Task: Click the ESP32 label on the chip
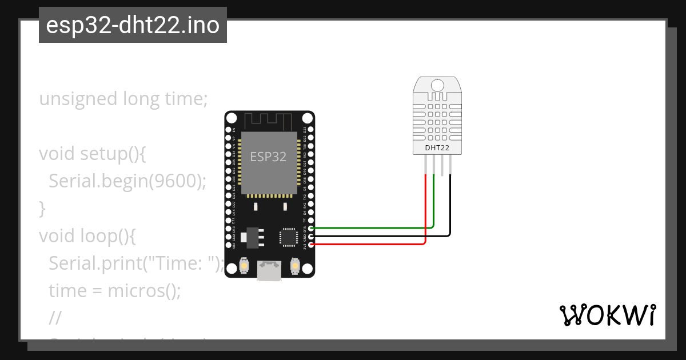(x=269, y=156)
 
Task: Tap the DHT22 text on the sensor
(x=437, y=148)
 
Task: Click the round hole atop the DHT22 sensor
(x=437, y=86)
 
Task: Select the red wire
(x=372, y=245)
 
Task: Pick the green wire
(x=372, y=228)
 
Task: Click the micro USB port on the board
(x=269, y=271)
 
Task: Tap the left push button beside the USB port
(x=244, y=266)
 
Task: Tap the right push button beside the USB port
(x=295, y=266)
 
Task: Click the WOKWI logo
(x=608, y=315)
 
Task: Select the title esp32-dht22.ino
(x=133, y=26)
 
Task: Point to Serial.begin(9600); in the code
(x=127, y=181)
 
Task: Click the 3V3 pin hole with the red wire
(x=310, y=245)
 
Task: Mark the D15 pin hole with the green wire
(x=310, y=228)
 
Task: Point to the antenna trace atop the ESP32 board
(x=269, y=121)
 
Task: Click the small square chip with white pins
(x=288, y=237)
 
